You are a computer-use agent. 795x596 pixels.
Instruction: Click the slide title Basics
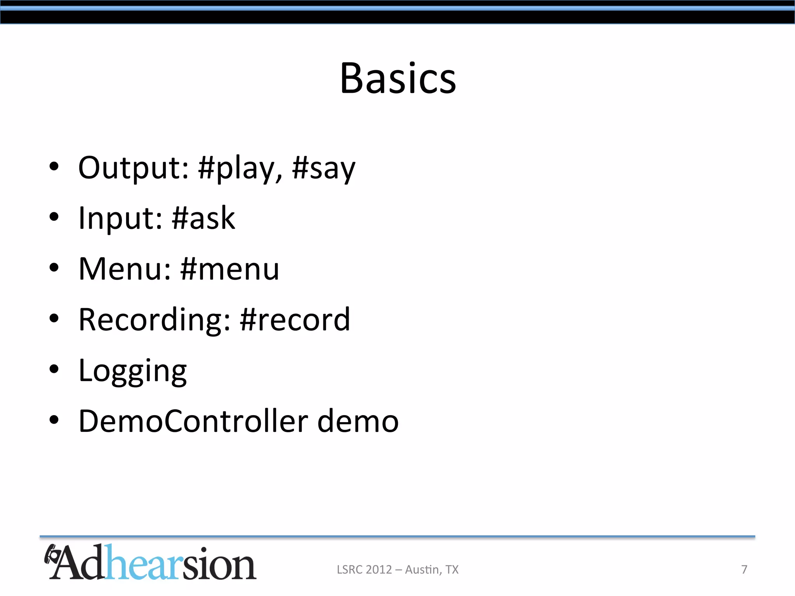click(398, 78)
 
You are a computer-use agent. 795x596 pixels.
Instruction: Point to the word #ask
click(203, 218)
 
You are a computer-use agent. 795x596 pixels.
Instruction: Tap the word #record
click(295, 319)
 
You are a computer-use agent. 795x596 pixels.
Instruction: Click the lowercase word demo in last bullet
click(358, 421)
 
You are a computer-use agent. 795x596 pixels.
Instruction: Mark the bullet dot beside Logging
click(54, 369)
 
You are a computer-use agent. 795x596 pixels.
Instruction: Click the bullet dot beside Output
click(54, 166)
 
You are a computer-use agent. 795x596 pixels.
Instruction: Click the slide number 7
click(744, 569)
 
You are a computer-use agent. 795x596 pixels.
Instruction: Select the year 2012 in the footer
click(378, 569)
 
